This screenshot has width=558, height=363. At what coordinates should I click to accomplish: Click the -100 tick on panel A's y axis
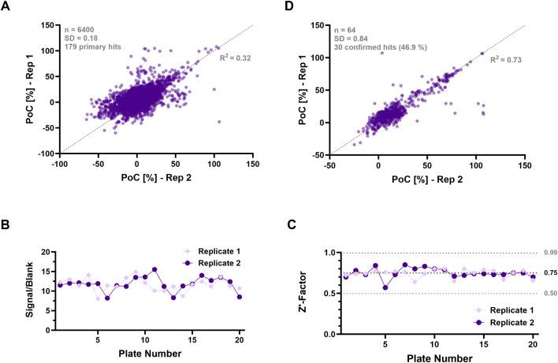44,153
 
